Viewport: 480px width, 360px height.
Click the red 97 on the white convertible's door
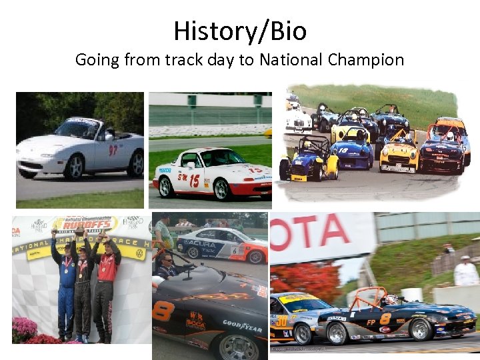113,150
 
